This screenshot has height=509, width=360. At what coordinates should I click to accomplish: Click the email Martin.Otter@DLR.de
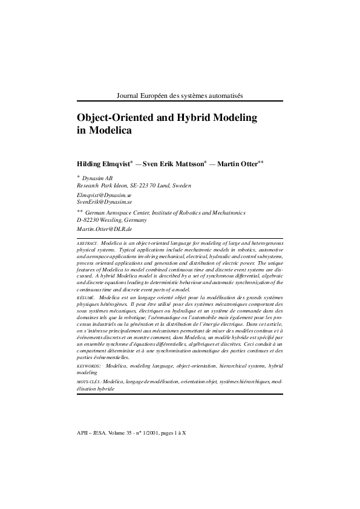[x=104, y=230]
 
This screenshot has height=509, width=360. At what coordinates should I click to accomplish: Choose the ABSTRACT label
[x=87, y=242]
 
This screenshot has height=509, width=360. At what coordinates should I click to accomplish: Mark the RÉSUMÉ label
[x=85, y=298]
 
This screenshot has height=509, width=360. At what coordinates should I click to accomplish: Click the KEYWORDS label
[x=89, y=366]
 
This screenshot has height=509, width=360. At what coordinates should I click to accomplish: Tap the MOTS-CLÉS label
[x=89, y=382]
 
